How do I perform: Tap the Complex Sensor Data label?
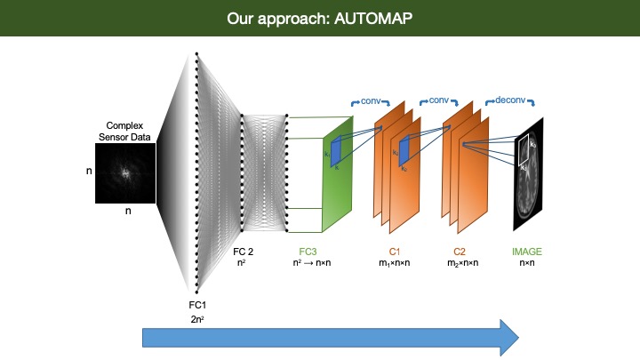point(125,132)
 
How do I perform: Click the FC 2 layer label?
point(244,252)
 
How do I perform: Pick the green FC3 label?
point(308,252)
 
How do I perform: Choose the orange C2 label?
point(460,252)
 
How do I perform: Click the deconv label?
point(511,100)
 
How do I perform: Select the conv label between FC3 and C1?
point(370,100)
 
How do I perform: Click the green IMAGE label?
point(526,252)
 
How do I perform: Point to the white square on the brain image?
point(526,150)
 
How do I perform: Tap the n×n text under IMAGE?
point(526,264)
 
